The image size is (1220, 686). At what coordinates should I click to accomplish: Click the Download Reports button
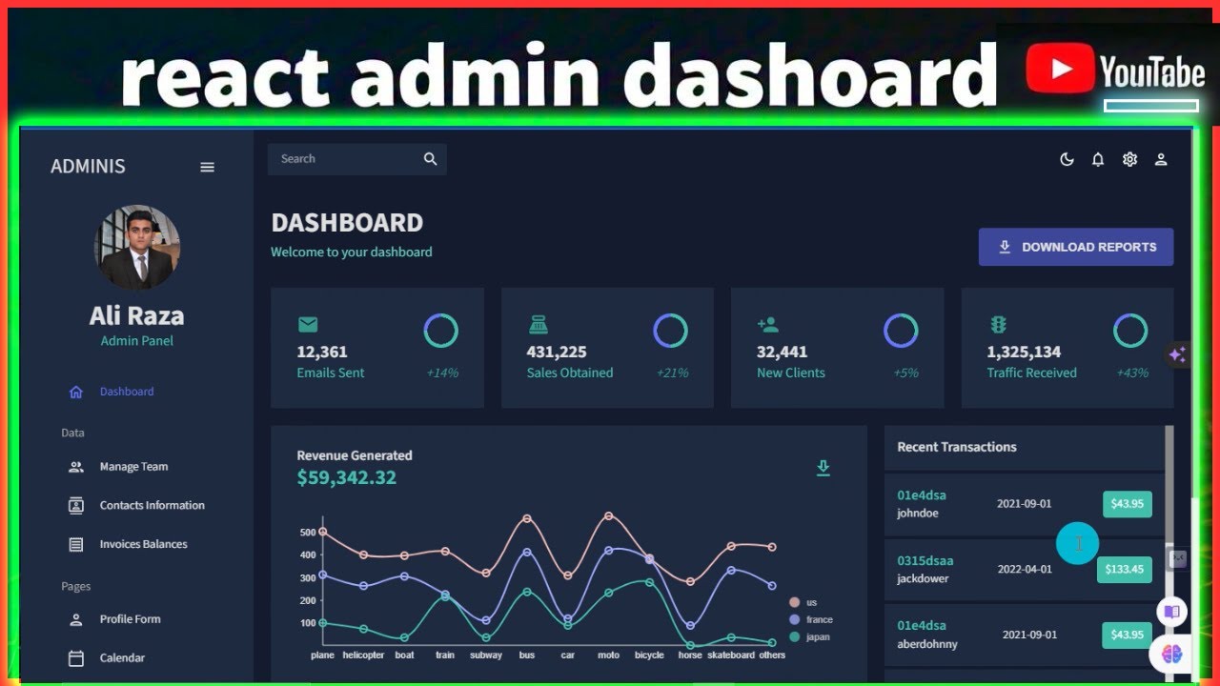1076,247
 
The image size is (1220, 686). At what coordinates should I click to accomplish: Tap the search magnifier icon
430,159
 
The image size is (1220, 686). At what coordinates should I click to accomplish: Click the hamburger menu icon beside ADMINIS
207,167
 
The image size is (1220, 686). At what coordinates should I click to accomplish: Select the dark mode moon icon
1067,160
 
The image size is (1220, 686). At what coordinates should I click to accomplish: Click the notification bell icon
1098,160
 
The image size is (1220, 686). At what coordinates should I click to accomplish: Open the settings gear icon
1129,160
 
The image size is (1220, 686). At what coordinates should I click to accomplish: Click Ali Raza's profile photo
137,247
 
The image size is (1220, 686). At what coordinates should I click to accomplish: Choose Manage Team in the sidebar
133,467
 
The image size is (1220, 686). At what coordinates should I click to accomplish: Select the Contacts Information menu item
152,505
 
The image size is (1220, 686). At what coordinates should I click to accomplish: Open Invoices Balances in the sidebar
143,544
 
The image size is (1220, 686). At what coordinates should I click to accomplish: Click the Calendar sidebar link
122,657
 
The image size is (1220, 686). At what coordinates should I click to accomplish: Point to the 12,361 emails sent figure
322,352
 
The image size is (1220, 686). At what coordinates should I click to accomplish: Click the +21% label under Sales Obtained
672,373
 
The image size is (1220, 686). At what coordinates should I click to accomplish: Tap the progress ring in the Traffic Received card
1130,331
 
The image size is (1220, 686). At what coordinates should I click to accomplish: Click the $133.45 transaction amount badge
1125,569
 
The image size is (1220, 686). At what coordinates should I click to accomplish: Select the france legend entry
818,619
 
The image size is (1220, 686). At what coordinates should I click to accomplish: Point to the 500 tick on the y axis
307,532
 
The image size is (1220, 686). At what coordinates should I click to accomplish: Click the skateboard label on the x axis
730,656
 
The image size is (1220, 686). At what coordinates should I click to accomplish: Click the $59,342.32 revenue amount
346,477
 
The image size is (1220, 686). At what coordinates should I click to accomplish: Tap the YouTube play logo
1059,70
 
